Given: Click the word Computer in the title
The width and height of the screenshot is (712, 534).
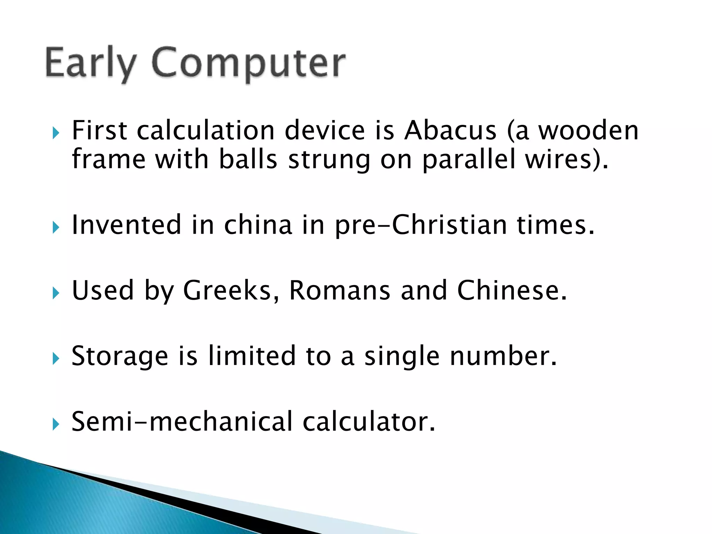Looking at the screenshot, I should (x=248, y=63).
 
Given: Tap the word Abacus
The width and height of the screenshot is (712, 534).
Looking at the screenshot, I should (x=450, y=131).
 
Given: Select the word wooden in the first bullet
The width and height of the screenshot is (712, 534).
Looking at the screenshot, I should (x=588, y=131).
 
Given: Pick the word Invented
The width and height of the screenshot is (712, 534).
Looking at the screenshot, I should (x=126, y=225).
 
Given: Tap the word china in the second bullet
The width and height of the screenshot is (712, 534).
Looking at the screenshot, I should (x=258, y=225).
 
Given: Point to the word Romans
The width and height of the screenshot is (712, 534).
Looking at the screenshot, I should (x=340, y=291).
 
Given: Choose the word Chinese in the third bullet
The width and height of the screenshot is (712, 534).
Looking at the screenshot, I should (x=512, y=291).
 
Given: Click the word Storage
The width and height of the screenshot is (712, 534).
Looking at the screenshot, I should (x=120, y=356).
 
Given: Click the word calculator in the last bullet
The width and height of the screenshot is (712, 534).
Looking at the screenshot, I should (x=369, y=422).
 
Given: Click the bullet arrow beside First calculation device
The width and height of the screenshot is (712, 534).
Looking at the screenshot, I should (x=56, y=133).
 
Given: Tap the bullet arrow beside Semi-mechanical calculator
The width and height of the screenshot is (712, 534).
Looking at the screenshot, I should (x=56, y=424).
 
